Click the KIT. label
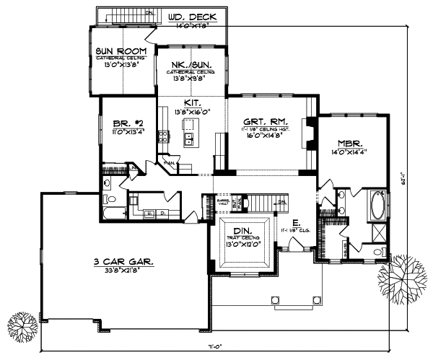click(191, 103)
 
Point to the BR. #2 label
click(124, 123)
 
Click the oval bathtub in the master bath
click(378, 205)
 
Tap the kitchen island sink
click(190, 136)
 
